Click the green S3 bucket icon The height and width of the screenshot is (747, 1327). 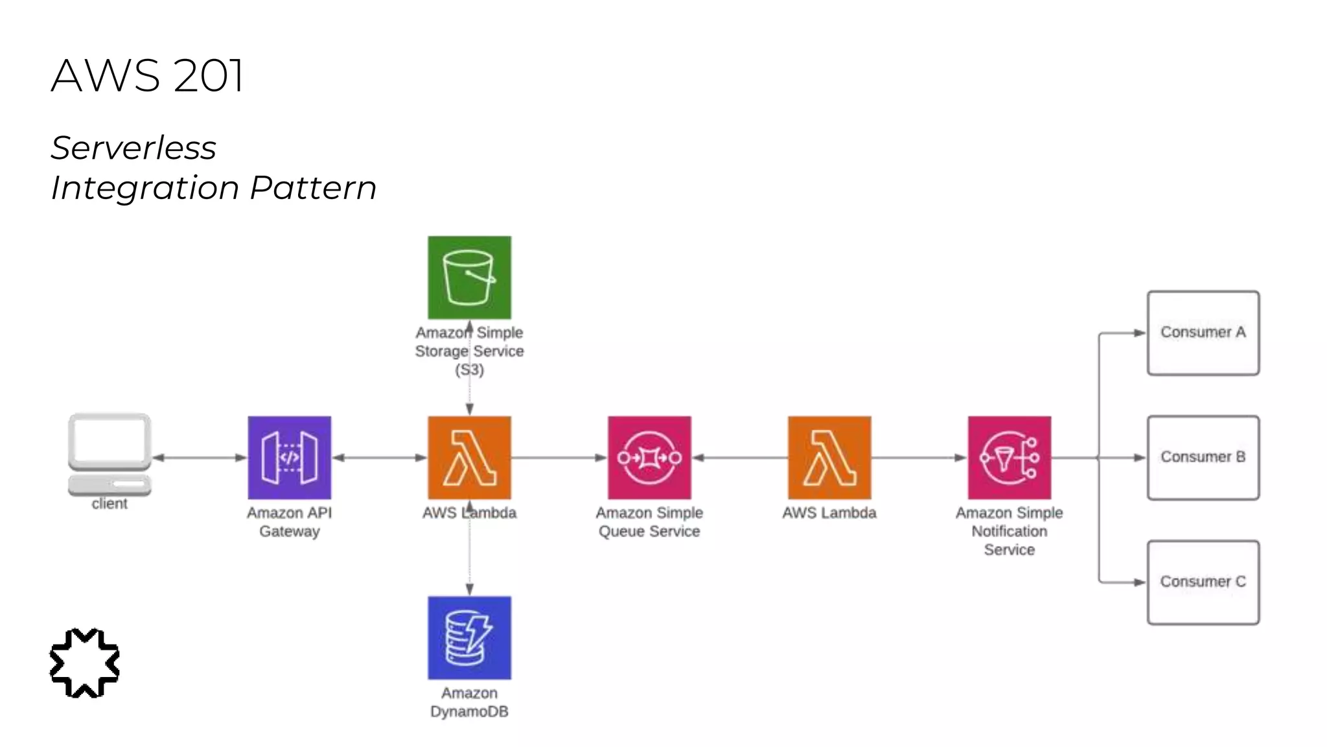469,278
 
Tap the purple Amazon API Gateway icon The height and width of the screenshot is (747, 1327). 289,457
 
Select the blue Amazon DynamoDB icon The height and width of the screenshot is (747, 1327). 469,637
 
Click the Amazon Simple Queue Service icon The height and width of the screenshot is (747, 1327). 649,457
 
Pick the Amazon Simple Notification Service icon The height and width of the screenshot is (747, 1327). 1009,457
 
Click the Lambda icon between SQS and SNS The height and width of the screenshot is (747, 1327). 829,457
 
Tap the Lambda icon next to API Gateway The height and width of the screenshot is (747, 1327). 469,457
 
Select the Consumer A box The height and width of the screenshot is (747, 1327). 1203,333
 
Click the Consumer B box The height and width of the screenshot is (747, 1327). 1203,457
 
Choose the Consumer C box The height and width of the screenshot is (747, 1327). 1203,582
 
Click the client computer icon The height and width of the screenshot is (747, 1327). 110,454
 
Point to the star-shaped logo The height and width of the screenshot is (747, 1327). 84,663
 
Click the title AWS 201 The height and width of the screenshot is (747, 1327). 147,75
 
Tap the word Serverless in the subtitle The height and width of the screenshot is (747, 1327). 133,148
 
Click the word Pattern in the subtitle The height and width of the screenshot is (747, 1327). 313,188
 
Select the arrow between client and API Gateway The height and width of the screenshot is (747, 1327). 200,458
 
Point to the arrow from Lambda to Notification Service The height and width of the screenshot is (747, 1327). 919,458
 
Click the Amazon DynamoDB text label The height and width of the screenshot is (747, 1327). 469,702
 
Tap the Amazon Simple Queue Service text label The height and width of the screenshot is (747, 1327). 649,522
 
